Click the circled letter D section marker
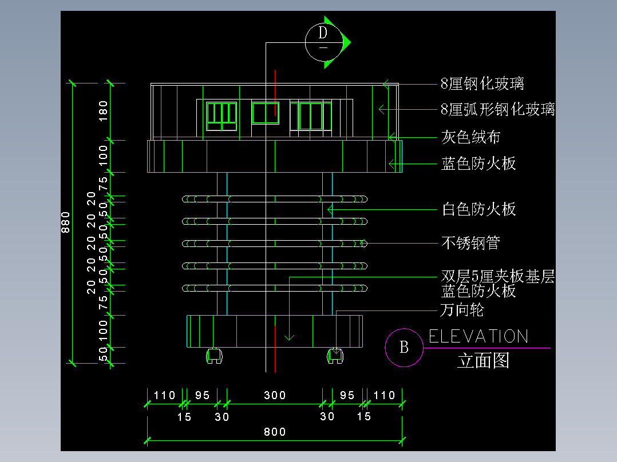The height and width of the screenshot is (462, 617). click(323, 42)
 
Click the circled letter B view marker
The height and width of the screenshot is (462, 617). click(404, 347)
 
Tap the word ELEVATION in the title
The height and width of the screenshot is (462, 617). click(478, 336)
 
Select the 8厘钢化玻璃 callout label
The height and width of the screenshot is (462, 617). click(482, 84)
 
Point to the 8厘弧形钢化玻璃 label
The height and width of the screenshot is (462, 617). click(497, 109)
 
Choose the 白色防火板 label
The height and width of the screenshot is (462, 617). click(478, 209)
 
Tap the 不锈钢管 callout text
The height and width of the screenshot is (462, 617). click(470, 243)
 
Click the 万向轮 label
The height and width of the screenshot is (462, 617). click(462, 310)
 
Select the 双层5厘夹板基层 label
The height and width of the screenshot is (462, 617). click(497, 277)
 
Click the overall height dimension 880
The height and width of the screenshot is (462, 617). click(65, 222)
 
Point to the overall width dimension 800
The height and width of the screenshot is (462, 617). click(275, 432)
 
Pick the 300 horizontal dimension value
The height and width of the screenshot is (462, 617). click(275, 395)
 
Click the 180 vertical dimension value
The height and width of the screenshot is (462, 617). click(104, 111)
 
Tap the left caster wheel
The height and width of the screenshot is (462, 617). click(214, 356)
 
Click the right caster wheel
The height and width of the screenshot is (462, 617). click(335, 356)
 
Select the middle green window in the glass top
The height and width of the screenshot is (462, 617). click(265, 113)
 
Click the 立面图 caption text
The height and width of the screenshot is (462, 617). click(483, 361)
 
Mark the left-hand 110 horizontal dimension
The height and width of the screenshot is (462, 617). click(164, 395)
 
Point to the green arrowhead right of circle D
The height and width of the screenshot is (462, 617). click(345, 42)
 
